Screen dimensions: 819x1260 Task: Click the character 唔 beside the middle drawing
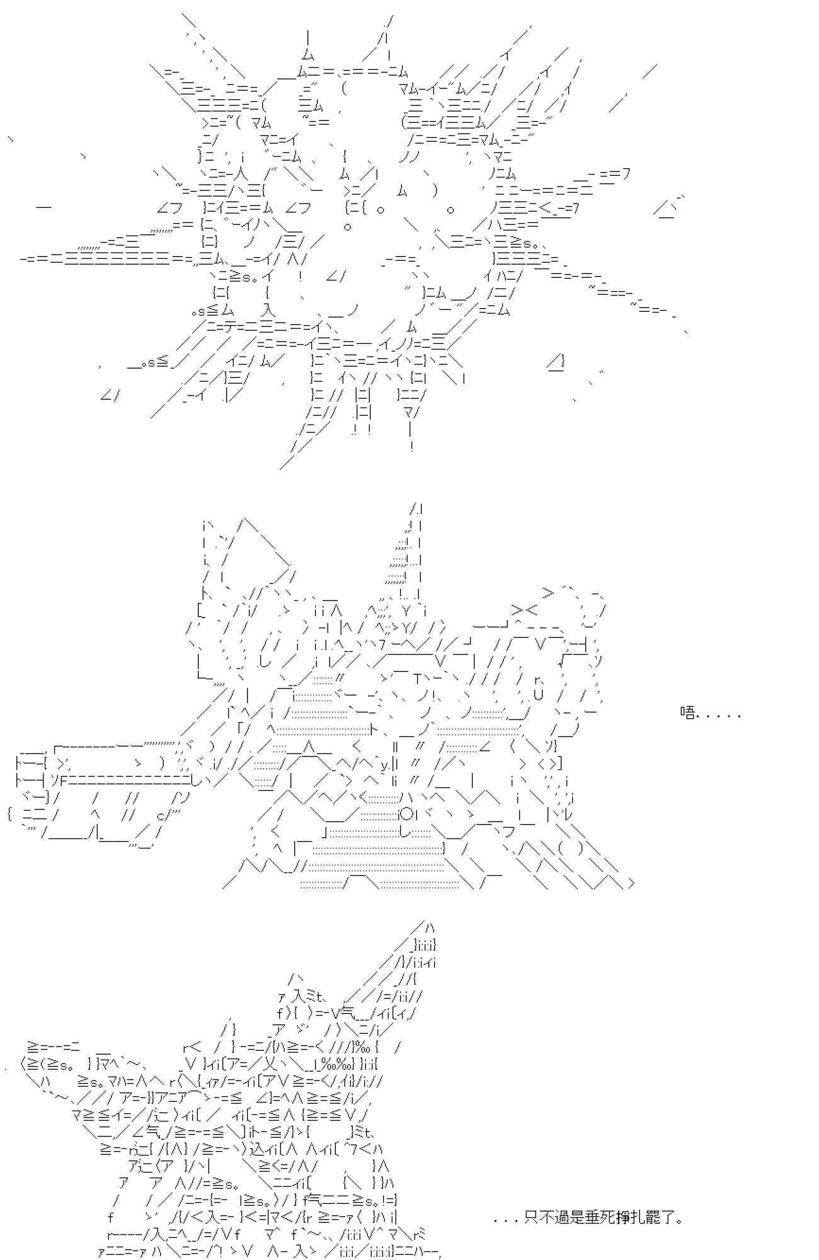click(688, 713)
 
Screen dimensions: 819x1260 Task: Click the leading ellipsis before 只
click(507, 1221)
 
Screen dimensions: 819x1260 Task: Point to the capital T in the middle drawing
click(418, 679)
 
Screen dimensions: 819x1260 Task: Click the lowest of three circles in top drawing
click(348, 226)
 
